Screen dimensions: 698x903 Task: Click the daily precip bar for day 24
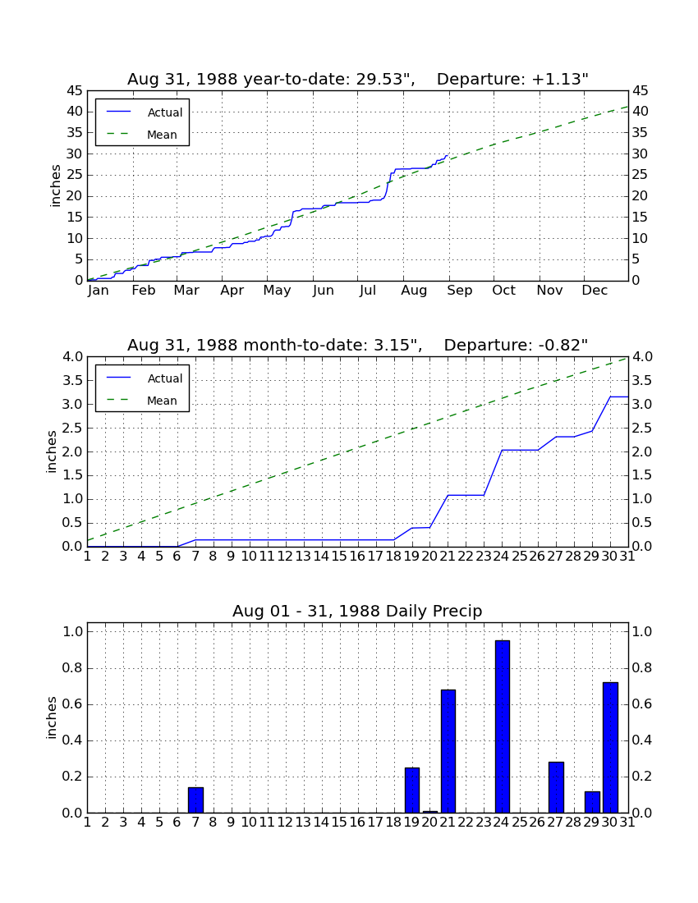point(503,727)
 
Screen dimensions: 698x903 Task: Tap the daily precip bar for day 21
point(448,751)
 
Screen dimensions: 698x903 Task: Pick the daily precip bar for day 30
point(610,748)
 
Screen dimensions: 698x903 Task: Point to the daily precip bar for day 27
point(556,788)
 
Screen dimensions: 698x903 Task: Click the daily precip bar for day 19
point(411,790)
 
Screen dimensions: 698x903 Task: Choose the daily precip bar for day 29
point(592,802)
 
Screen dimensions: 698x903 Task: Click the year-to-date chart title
point(358,79)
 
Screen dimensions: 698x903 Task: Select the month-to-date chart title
point(358,345)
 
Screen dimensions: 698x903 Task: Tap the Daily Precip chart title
point(357,611)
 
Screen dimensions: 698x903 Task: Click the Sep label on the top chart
point(460,291)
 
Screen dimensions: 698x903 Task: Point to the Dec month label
point(595,291)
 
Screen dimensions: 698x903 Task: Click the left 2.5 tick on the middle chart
point(72,428)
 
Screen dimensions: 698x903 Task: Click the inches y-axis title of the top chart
point(55,186)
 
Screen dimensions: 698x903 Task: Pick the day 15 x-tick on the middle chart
point(339,557)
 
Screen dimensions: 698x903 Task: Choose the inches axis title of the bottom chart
point(52,717)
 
